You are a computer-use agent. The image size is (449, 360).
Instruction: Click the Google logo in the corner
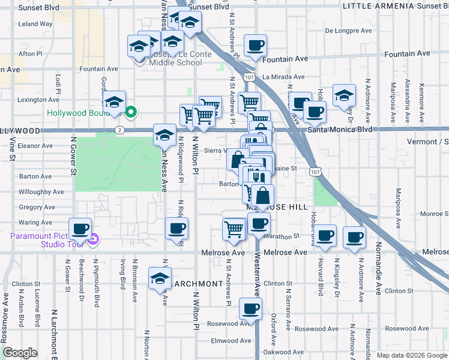[x=20, y=353]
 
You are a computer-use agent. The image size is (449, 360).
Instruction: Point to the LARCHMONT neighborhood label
[x=196, y=283]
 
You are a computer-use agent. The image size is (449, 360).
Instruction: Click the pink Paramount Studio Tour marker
[x=93, y=241]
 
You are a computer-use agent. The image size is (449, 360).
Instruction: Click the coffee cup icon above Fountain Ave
[x=255, y=46]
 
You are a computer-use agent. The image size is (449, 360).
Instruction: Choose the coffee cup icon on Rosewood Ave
[x=250, y=309]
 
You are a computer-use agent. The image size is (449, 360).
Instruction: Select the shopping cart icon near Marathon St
[x=234, y=228]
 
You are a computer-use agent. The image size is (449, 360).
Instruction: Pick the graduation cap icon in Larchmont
[x=160, y=278]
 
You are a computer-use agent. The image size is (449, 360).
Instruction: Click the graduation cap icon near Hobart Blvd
[x=344, y=95]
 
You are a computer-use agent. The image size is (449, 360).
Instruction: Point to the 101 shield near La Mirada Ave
[x=247, y=77]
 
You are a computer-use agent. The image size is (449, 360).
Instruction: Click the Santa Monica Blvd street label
[x=340, y=129]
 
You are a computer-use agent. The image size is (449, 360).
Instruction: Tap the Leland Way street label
[x=35, y=24]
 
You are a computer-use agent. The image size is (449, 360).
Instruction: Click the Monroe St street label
[x=433, y=213]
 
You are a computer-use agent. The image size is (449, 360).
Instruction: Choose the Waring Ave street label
[x=37, y=222]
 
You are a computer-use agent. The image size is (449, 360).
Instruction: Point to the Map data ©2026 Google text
[x=412, y=355]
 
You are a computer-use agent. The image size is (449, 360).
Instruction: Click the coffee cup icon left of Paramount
[x=80, y=229]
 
